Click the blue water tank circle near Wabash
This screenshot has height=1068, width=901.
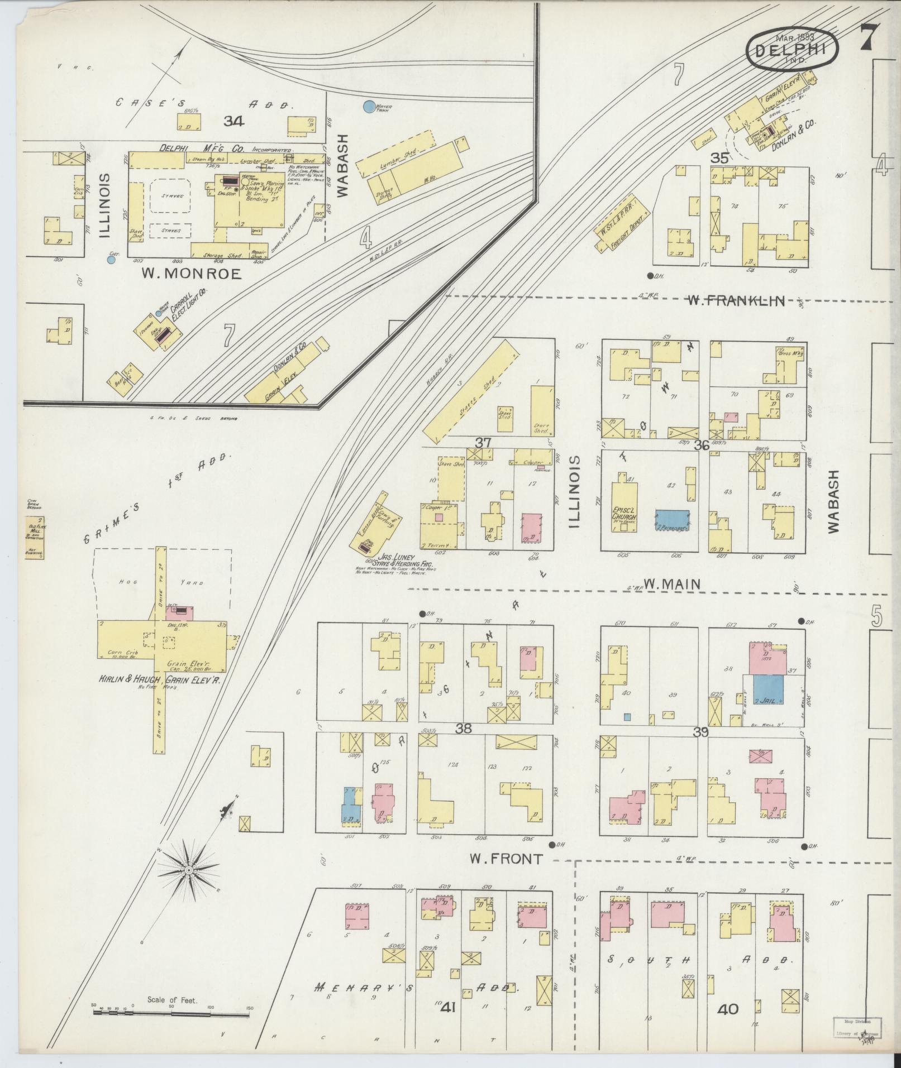point(369,106)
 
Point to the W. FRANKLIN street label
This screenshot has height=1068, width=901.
point(735,301)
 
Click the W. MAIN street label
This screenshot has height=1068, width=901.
point(671,584)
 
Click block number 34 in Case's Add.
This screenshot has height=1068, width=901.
point(233,121)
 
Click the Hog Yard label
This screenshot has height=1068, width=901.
point(162,582)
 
